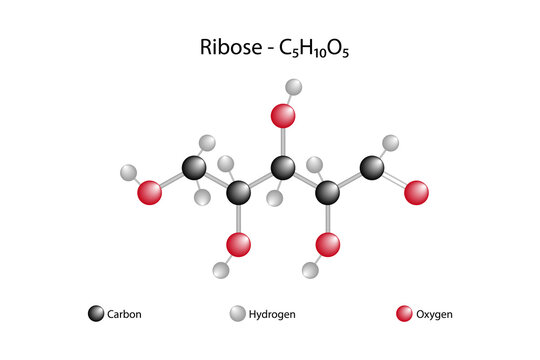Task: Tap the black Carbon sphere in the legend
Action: point(96,314)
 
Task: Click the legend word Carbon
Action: point(125,314)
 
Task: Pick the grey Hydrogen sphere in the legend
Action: point(238,314)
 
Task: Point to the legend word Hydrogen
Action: point(274,314)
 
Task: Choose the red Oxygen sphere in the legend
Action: point(405,314)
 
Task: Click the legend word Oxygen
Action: point(434,314)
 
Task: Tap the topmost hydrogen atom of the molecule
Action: point(293,87)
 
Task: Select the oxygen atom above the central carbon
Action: point(284,116)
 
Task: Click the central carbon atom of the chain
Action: point(284,166)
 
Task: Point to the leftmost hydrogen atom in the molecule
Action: point(128,172)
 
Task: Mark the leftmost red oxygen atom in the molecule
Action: point(150,191)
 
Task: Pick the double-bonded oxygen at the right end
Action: point(417,190)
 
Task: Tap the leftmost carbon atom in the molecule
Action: point(195,166)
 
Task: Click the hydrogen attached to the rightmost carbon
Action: point(391,143)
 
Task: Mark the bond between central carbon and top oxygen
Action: point(284,140)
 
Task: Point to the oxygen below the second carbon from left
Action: point(238,243)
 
